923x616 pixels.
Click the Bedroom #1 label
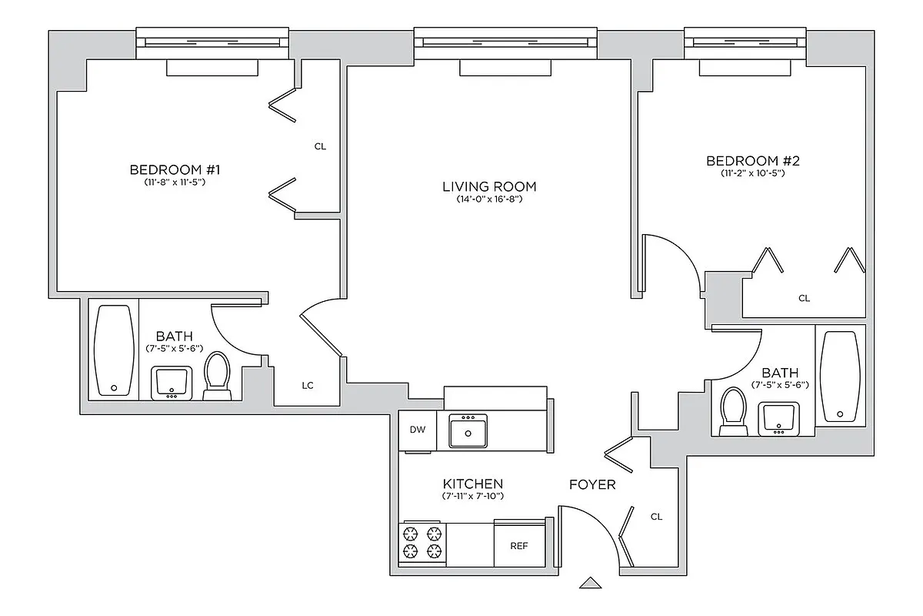pos(175,169)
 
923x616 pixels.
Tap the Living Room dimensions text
pos(489,199)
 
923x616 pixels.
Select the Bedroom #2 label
pos(753,161)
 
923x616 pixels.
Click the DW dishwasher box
pos(417,430)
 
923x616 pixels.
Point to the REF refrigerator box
pos(519,545)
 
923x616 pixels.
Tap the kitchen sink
pos(468,431)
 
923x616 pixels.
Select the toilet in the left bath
pos(217,377)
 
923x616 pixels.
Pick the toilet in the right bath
pos(733,411)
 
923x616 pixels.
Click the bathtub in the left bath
pos(114,351)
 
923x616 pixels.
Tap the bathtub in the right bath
pos(840,377)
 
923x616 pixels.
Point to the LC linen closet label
pos(308,385)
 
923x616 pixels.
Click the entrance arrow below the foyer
pos(590,584)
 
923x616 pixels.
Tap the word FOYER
pos(591,485)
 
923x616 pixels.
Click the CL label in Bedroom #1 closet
pos(321,146)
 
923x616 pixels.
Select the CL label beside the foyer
pos(656,517)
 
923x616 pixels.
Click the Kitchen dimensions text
pos(472,497)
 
